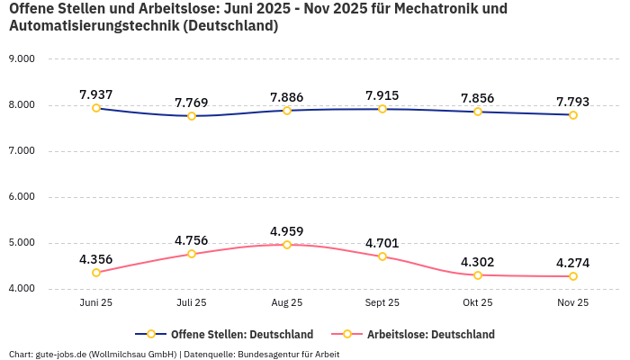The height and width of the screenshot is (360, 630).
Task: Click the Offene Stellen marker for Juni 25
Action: pyautogui.click(x=96, y=108)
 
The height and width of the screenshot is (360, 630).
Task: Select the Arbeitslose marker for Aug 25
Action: pyautogui.click(x=287, y=245)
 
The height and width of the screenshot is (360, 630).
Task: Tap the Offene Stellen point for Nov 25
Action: pyautogui.click(x=573, y=115)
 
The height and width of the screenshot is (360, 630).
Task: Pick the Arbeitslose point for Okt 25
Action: pyautogui.click(x=478, y=275)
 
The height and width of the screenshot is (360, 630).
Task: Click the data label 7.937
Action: pyautogui.click(x=96, y=94)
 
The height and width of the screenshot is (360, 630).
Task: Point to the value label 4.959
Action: pyautogui.click(x=287, y=230)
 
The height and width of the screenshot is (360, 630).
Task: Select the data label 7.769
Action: pyautogui.click(x=192, y=103)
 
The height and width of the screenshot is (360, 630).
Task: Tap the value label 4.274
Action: pyautogui.click(x=573, y=263)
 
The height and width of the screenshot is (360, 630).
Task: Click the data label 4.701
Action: pyautogui.click(x=382, y=243)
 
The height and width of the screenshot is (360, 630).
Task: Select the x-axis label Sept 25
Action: pyautogui.click(x=382, y=303)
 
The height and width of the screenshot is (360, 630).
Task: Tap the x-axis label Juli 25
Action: pyautogui.click(x=192, y=303)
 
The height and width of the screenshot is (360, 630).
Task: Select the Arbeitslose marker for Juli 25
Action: pyautogui.click(x=192, y=254)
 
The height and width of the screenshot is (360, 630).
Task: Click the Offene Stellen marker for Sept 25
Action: pyautogui.click(x=382, y=109)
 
